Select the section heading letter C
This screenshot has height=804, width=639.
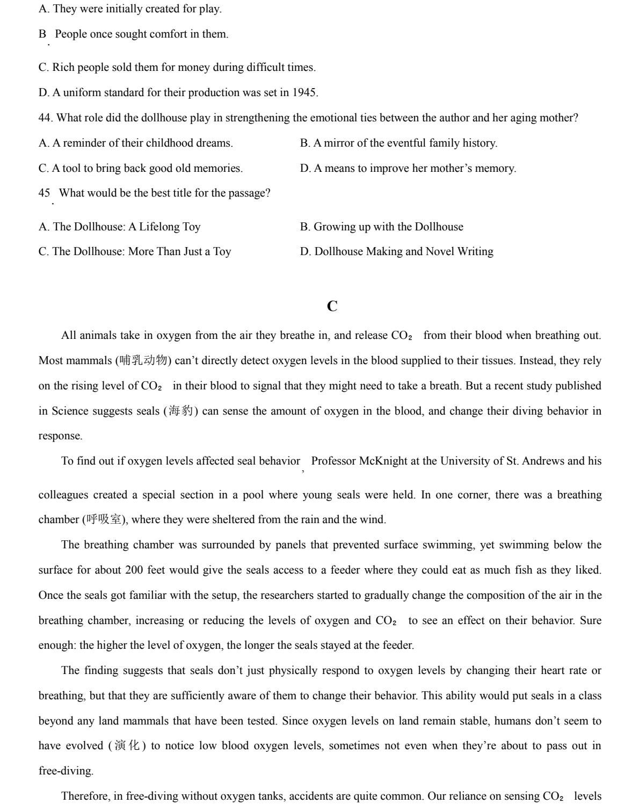tap(332, 307)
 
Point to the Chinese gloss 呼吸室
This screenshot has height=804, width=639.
tap(104, 520)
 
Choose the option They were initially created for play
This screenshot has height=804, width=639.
tap(130, 9)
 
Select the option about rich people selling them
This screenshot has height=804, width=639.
tap(177, 68)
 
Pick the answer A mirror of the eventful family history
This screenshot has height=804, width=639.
tap(398, 143)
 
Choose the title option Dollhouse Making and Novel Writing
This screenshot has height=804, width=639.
tap(397, 252)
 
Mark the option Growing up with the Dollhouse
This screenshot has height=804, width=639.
tap(382, 227)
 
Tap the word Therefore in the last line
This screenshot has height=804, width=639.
tap(85, 796)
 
